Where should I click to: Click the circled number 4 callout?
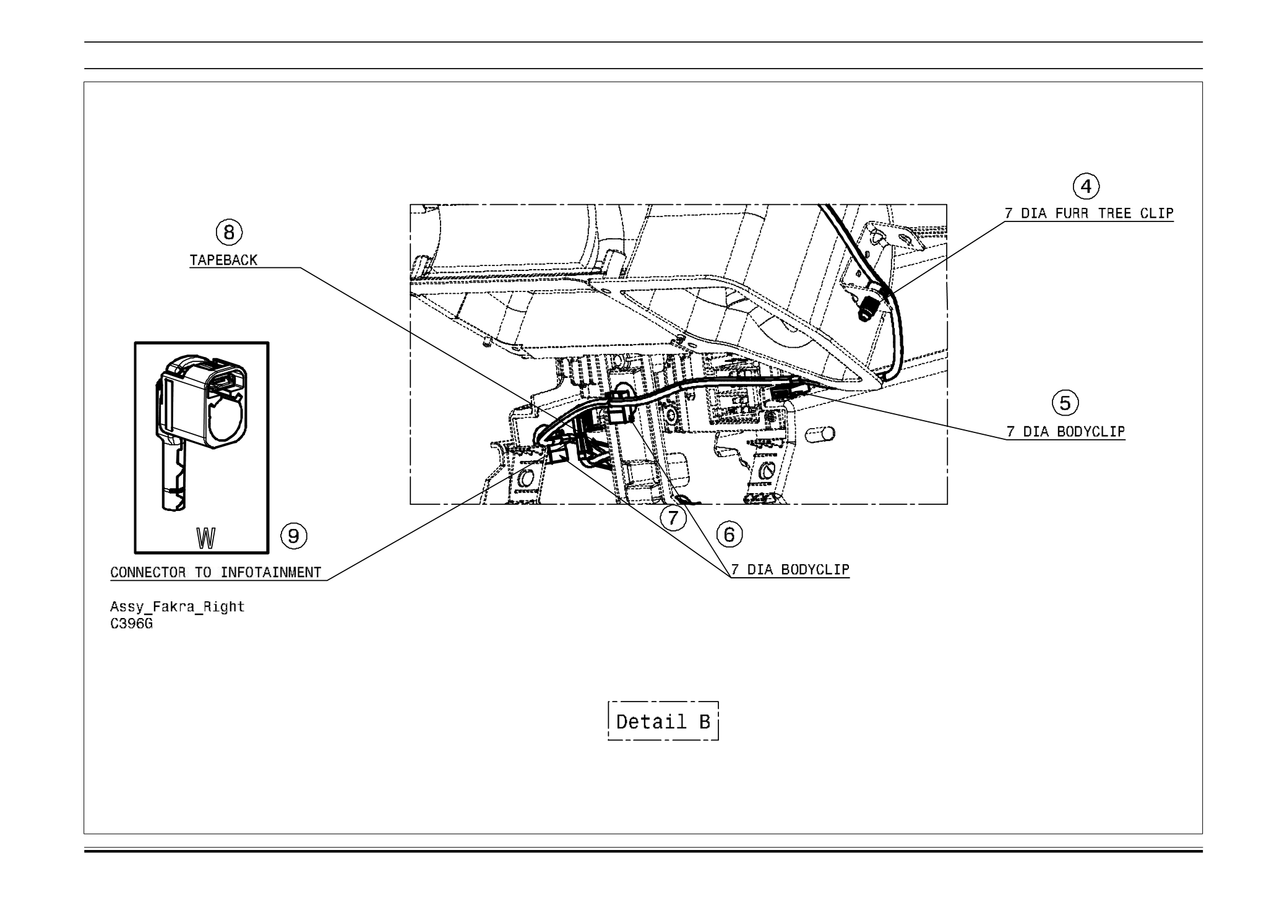(x=1086, y=186)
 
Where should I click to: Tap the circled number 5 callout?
(x=1065, y=403)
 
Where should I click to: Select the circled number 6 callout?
(x=730, y=534)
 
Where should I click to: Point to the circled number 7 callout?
(x=673, y=518)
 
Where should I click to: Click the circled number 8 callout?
(x=229, y=233)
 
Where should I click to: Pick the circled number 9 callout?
(x=294, y=536)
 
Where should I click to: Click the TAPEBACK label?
(x=223, y=260)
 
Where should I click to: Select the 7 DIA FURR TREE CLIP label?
(x=1088, y=214)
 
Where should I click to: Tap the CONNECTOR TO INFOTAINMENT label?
(x=216, y=573)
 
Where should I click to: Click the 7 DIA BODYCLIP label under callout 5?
(x=1065, y=432)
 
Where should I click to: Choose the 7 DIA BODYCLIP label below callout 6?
(x=790, y=570)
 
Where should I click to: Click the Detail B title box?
(x=663, y=721)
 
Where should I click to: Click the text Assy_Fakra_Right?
(x=178, y=607)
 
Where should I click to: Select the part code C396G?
(x=131, y=624)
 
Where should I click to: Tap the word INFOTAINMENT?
(x=271, y=573)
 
